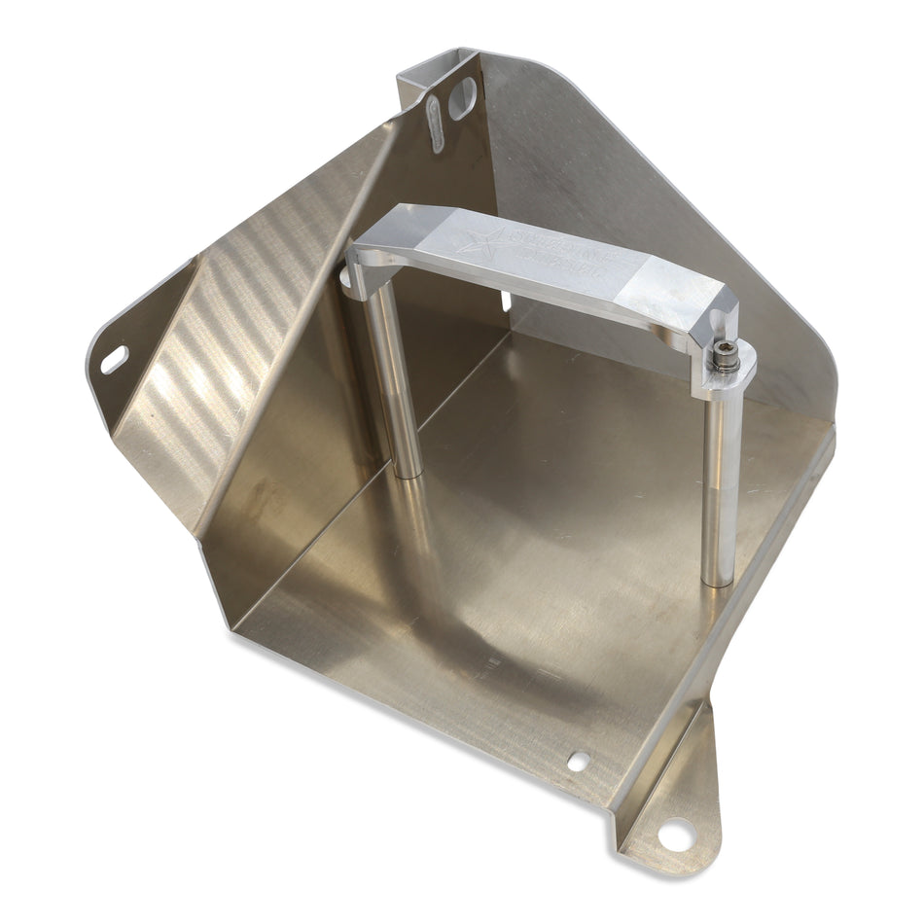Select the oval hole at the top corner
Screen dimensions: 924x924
pyautogui.click(x=464, y=98)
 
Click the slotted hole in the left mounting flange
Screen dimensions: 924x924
pyautogui.click(x=115, y=359)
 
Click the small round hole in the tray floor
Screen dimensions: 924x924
pyautogui.click(x=578, y=762)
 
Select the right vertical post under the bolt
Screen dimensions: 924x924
pyautogui.click(x=720, y=486)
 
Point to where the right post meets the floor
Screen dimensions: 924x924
pyautogui.click(x=718, y=581)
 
